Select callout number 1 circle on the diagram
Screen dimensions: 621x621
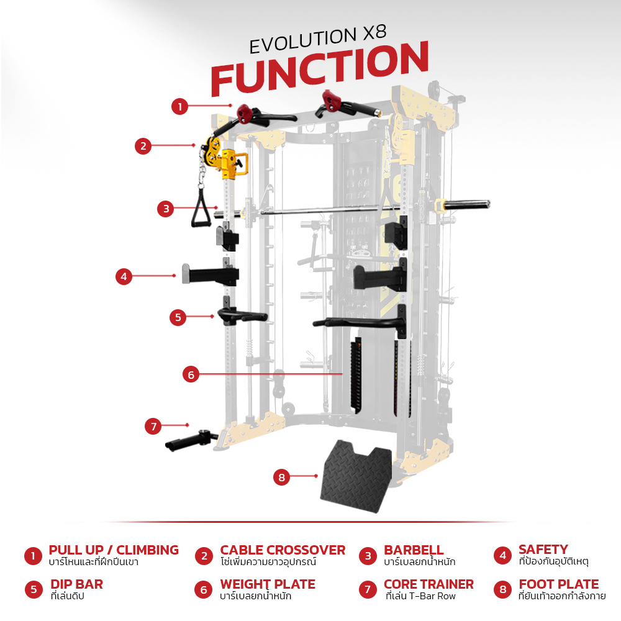click(179, 106)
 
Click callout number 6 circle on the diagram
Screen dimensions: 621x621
click(191, 374)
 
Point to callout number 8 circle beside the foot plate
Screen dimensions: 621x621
click(281, 477)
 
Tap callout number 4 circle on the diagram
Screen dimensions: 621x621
click(124, 276)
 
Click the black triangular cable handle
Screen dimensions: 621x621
click(201, 208)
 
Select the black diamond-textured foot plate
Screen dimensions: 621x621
click(356, 476)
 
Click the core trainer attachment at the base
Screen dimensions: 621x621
click(191, 440)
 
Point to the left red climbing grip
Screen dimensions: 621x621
click(244, 114)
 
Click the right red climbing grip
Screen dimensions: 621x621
click(332, 101)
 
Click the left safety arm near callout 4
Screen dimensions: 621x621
click(211, 274)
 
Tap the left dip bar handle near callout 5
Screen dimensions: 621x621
click(242, 315)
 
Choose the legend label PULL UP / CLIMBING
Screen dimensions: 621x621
click(114, 550)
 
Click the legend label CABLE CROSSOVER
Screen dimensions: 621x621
click(283, 550)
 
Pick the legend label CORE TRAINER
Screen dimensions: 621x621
click(428, 584)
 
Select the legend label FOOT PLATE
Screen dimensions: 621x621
click(559, 584)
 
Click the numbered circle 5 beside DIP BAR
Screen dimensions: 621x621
click(34, 590)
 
